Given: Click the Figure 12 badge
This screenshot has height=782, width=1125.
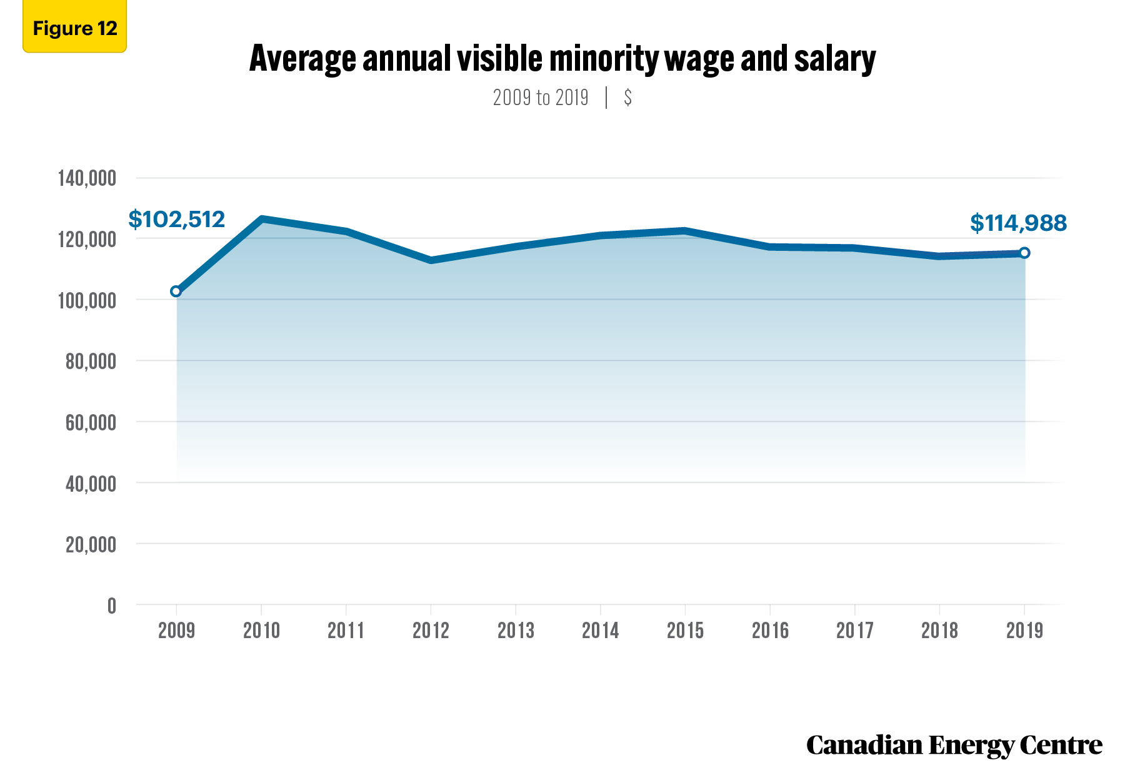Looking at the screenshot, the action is [x=74, y=27].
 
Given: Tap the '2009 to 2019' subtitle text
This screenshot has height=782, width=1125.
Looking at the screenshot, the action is [x=541, y=98].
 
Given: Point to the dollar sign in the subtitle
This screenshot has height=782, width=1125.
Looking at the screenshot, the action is [x=627, y=98].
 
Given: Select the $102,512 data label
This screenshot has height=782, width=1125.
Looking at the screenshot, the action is [x=176, y=220].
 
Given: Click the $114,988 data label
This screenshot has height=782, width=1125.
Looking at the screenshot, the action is [x=1018, y=223].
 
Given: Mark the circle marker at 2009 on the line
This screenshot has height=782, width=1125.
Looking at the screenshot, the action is [x=176, y=291].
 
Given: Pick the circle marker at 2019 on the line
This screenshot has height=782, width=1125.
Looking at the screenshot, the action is [x=1024, y=253].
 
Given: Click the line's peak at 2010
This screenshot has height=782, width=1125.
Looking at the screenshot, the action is [x=261, y=219].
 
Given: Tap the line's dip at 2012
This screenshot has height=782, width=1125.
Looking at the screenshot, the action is [x=431, y=260].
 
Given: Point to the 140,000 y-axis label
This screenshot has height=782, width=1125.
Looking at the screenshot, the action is [x=87, y=178].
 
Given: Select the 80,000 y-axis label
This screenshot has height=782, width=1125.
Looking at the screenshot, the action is [x=91, y=361].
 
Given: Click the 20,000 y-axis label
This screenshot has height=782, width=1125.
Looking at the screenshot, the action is [x=91, y=544].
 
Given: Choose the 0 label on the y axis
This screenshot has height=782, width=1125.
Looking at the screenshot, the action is [x=112, y=606].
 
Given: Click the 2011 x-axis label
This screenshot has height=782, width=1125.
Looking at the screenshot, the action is [x=346, y=630].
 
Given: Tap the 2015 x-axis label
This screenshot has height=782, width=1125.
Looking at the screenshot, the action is [x=685, y=630].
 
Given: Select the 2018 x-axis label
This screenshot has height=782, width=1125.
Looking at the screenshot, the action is [x=939, y=630].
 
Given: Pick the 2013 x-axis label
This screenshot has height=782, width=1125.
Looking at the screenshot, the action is [x=516, y=630].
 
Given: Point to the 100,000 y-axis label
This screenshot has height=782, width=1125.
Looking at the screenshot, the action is [x=87, y=300].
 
